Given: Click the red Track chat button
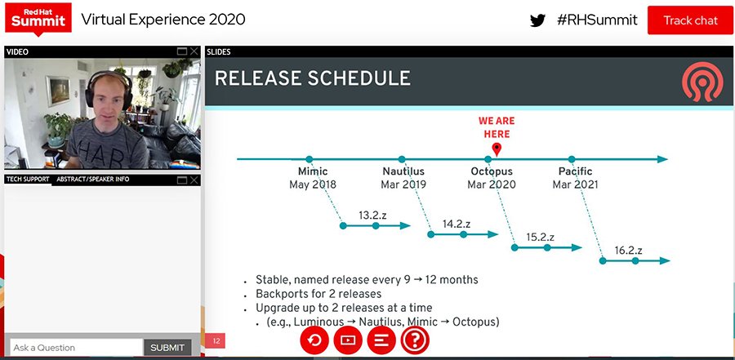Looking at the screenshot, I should click(689, 20).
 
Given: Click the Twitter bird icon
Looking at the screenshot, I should click(537, 20).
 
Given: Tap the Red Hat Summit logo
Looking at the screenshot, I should click(37, 16).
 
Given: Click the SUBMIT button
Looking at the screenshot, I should click(167, 348).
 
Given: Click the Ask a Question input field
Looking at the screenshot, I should click(75, 348).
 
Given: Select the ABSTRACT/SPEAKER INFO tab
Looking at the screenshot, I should click(92, 179).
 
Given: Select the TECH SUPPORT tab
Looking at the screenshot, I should click(28, 179).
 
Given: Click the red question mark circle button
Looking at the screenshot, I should click(415, 340).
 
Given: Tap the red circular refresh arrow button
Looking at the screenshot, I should click(314, 340).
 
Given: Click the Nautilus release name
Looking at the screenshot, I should click(403, 171).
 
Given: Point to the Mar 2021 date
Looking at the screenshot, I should click(575, 185).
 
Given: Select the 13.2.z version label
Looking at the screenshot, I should click(372, 216).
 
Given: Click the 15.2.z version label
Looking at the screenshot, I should click(541, 238).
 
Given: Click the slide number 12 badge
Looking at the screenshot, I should click(216, 341).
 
